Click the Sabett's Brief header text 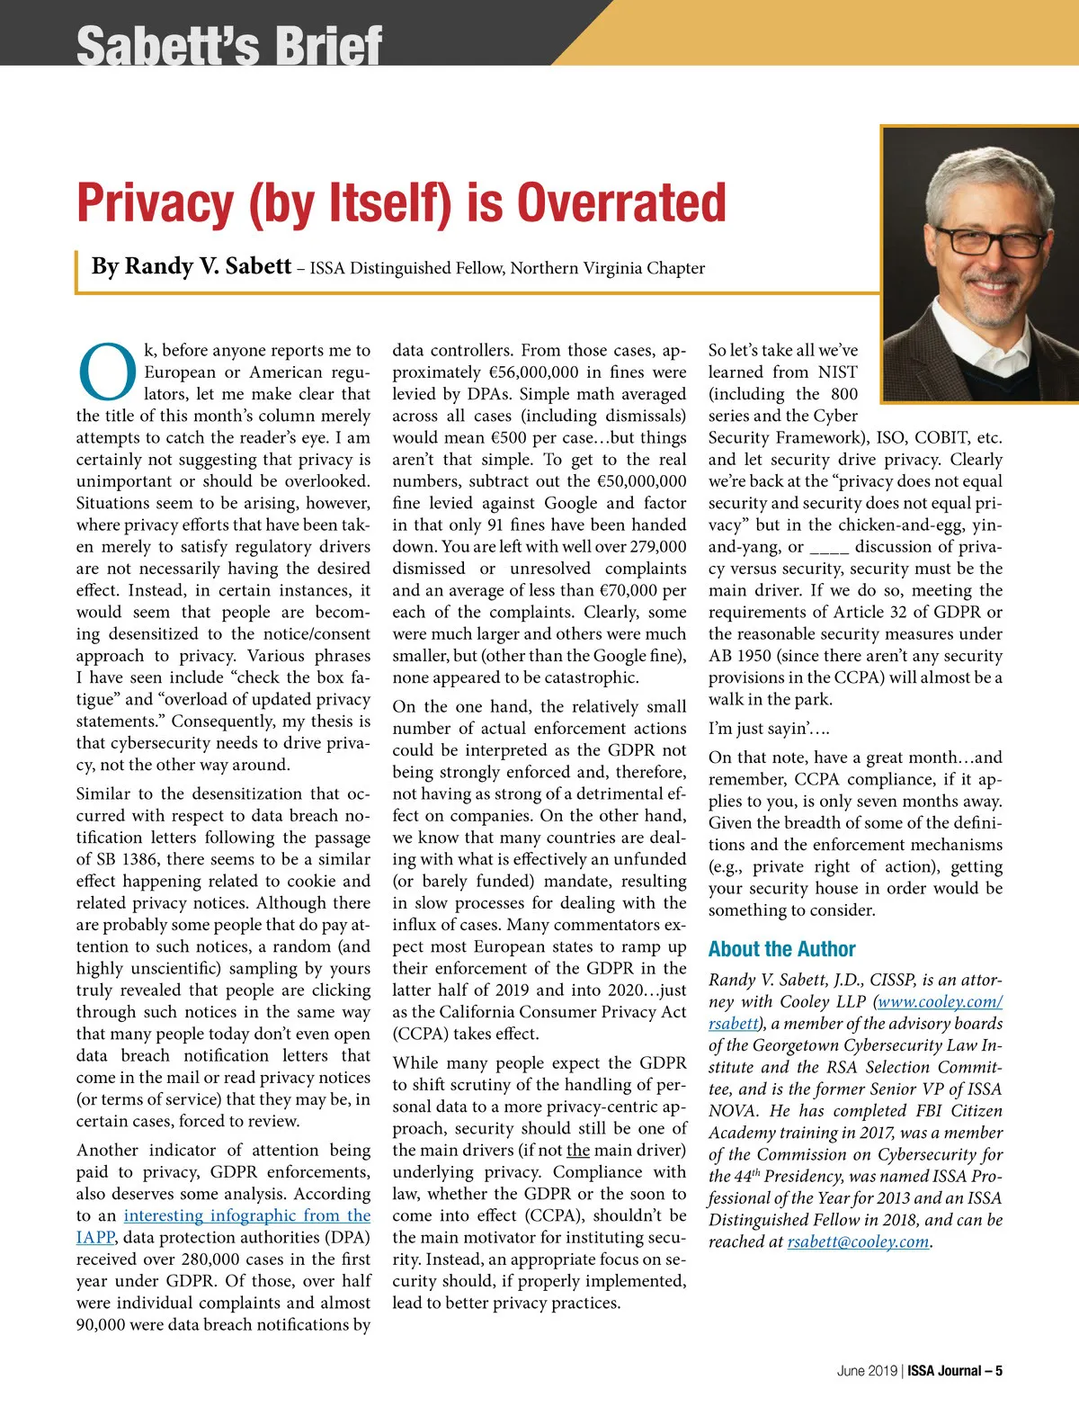click(229, 45)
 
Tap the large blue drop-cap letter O click(107, 371)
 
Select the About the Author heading click(781, 949)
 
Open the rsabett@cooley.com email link click(858, 1242)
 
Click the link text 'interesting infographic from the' click(246, 1216)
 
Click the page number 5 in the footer click(998, 1371)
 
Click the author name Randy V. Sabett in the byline click(208, 266)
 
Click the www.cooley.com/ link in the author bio click(940, 1002)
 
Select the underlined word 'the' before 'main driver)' click(578, 1151)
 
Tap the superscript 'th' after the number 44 click(757, 1172)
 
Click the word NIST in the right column click(837, 372)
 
